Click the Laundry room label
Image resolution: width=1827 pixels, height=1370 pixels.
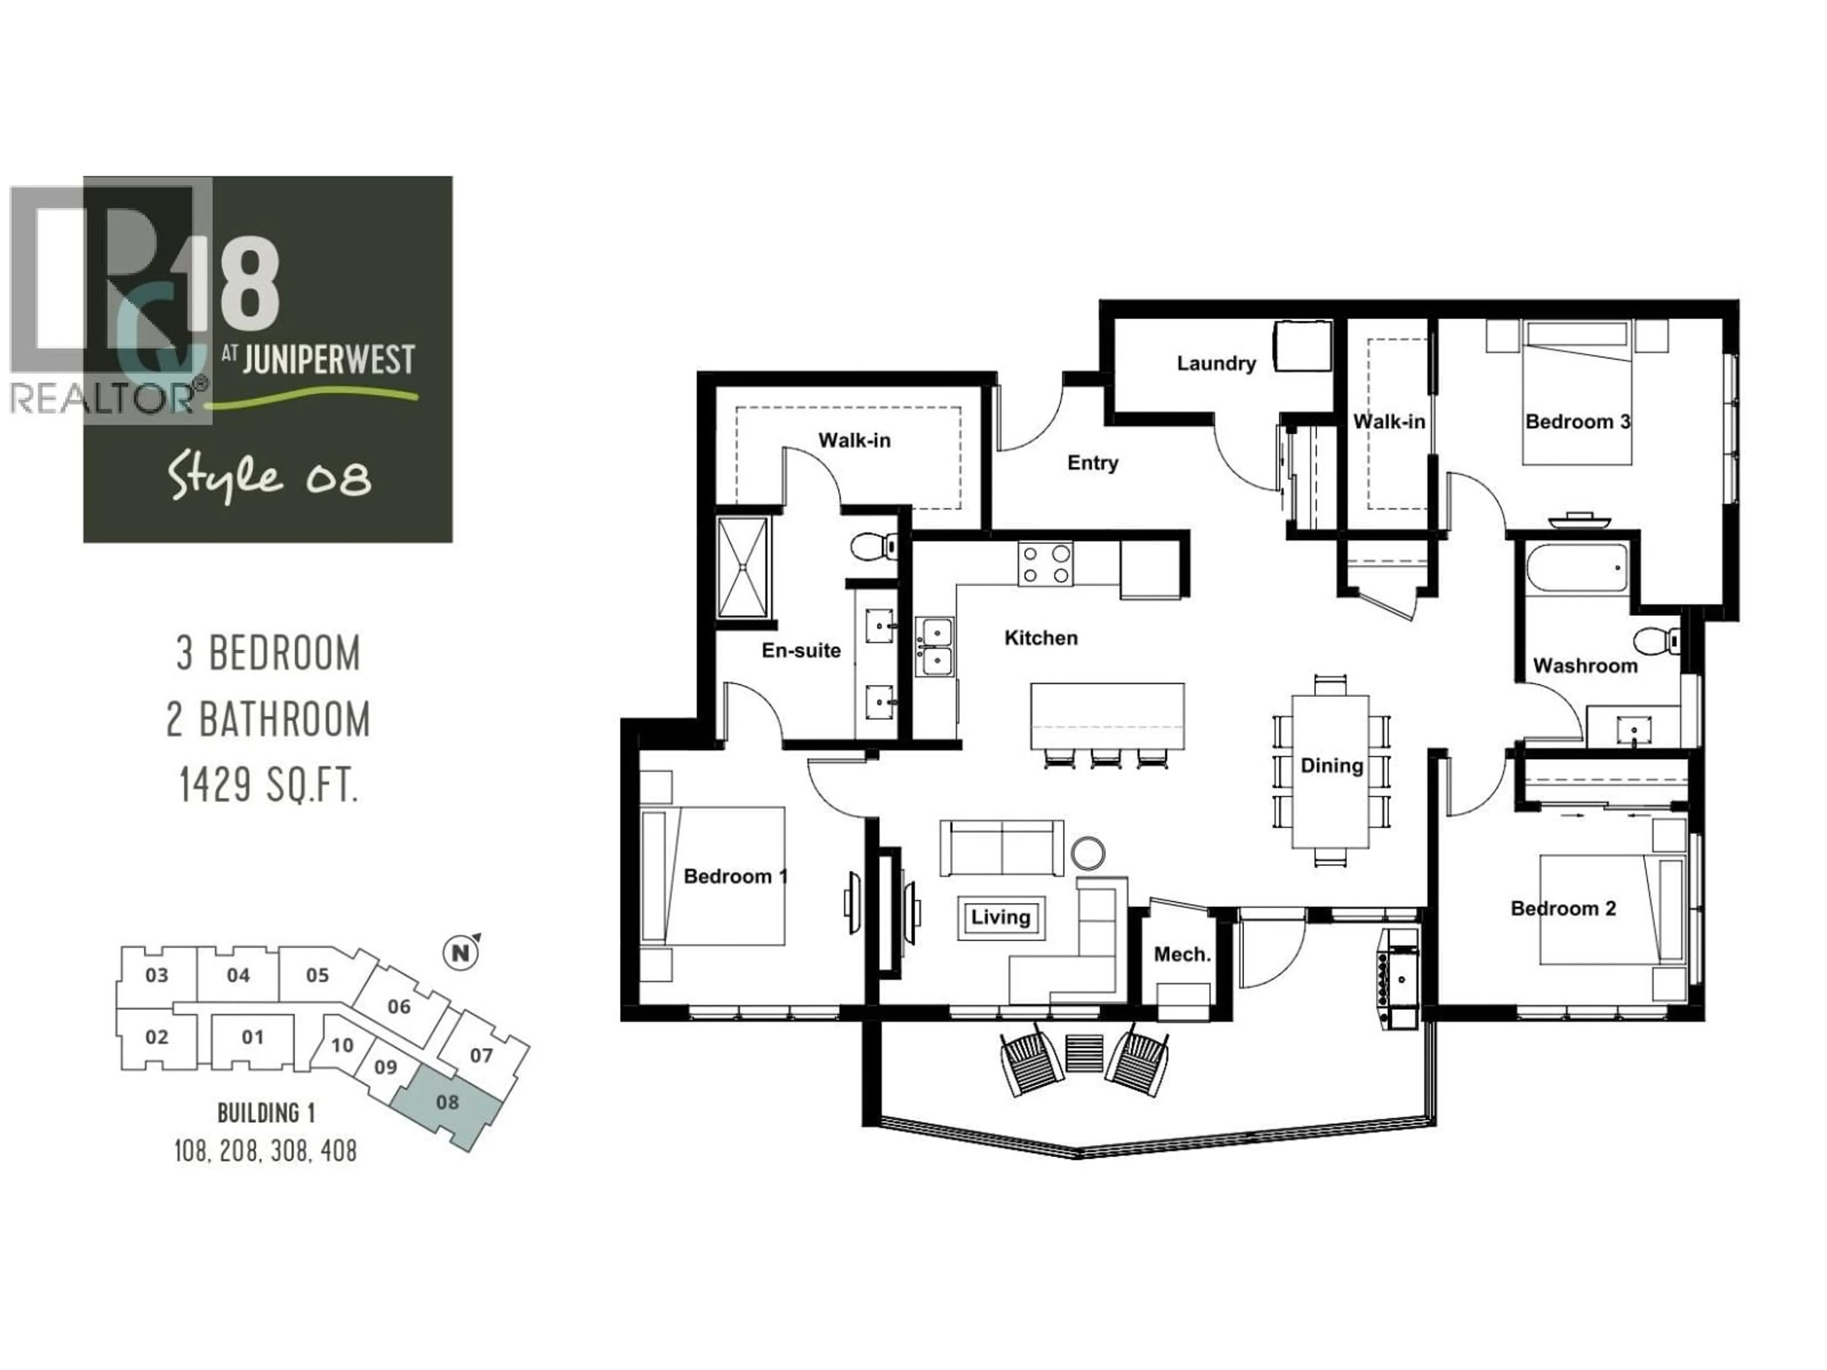[1216, 363]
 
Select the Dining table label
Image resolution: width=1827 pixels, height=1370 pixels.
[1331, 765]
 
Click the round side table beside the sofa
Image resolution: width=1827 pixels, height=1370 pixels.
[1088, 853]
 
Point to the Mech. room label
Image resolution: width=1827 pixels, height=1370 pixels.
[1182, 955]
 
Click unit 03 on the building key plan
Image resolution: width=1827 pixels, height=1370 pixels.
[157, 975]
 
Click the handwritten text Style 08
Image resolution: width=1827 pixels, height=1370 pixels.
[269, 478]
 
